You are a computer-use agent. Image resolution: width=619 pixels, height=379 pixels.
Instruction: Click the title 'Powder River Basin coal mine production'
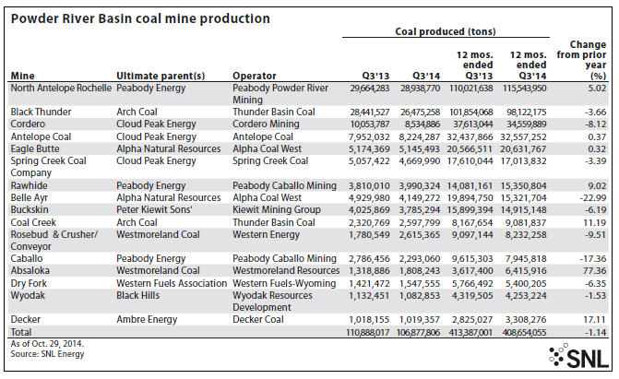click(140, 18)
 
